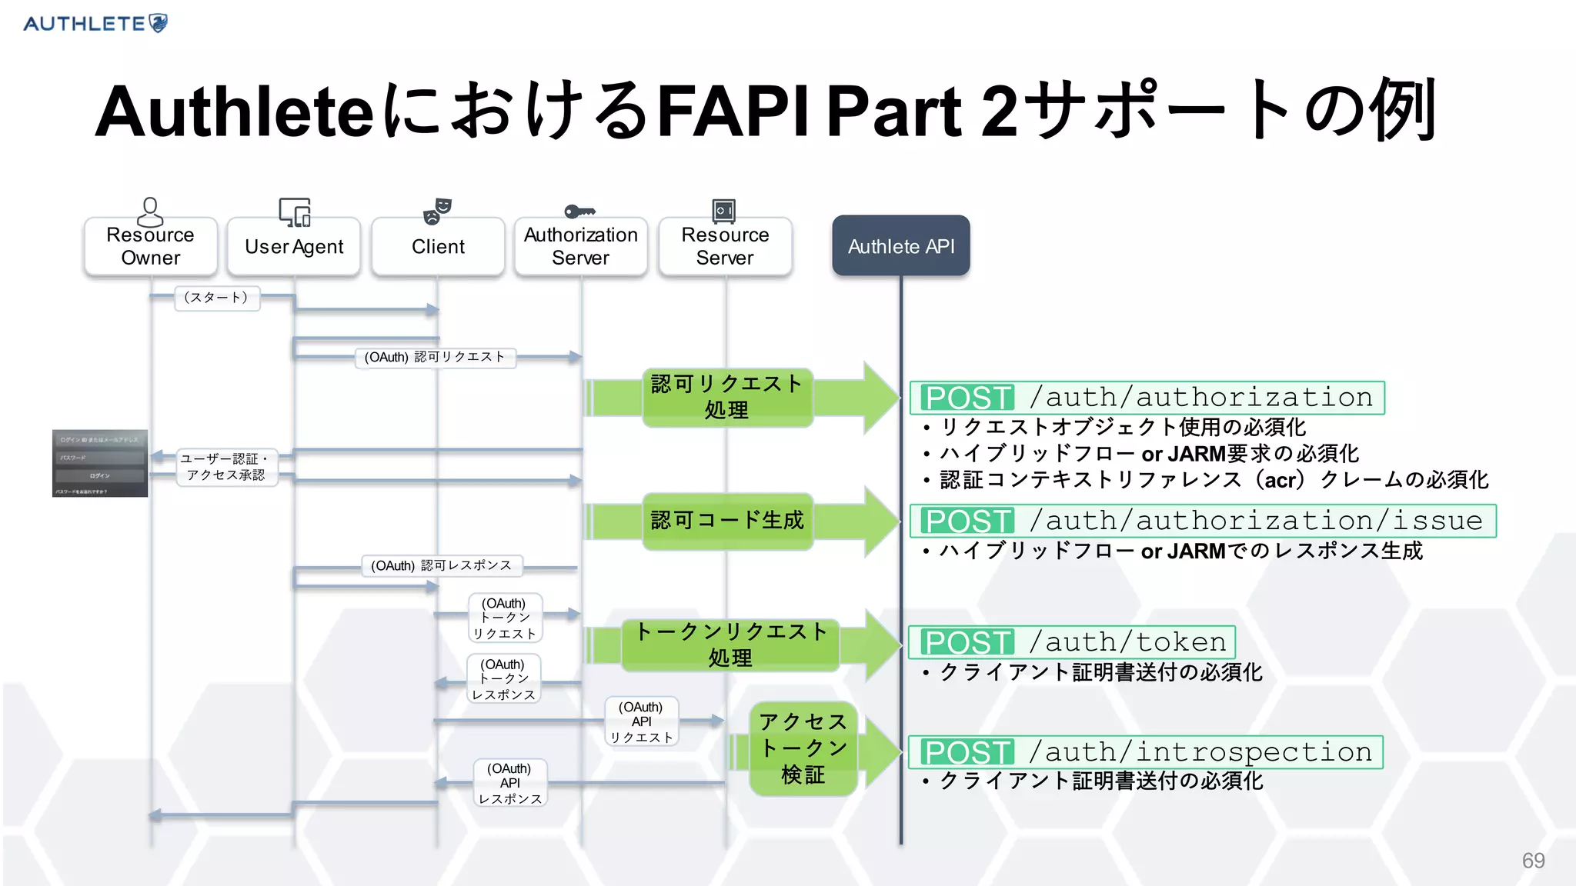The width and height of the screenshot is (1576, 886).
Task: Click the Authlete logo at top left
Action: (x=95, y=23)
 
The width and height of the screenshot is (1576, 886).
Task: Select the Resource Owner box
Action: (x=151, y=247)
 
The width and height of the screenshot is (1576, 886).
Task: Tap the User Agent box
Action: (x=294, y=247)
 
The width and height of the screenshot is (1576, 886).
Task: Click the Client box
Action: (x=438, y=247)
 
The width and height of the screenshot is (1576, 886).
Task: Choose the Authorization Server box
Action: (x=581, y=247)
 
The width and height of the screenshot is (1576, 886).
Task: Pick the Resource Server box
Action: (x=725, y=247)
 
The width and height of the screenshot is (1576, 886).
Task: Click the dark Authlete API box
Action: (x=901, y=246)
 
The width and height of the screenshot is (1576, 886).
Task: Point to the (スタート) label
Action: (x=217, y=298)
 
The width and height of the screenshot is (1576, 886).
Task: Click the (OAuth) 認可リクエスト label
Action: (x=435, y=357)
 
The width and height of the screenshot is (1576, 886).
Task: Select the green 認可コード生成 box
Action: (x=727, y=521)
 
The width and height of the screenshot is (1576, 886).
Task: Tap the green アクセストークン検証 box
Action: (x=803, y=748)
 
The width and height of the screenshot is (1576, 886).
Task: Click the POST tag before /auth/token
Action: (x=968, y=642)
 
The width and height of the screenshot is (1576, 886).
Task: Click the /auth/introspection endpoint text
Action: (x=1200, y=751)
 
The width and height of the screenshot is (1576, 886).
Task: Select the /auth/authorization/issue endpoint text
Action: (x=1256, y=521)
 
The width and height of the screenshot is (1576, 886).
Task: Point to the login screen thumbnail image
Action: (x=100, y=463)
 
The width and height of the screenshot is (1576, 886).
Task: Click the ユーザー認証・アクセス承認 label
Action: (x=225, y=467)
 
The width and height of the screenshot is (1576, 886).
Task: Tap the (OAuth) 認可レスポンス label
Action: (x=442, y=565)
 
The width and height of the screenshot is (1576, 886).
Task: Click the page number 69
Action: (x=1533, y=860)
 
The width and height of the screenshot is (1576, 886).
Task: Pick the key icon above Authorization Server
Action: (x=579, y=211)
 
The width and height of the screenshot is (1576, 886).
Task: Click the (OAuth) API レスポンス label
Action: (x=510, y=783)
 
